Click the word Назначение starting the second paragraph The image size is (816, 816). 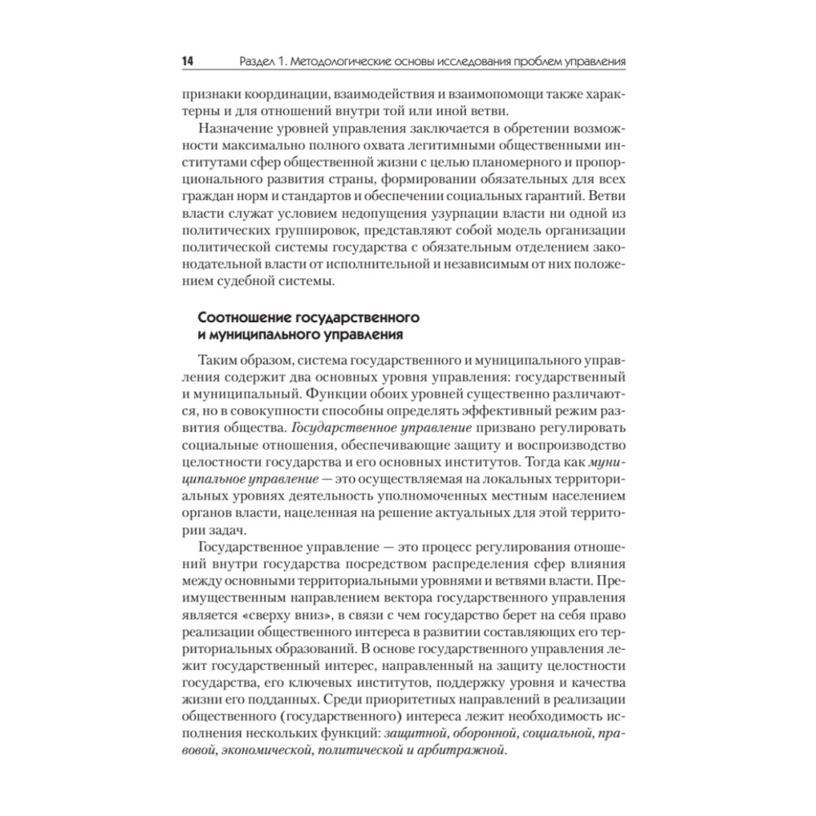pyautogui.click(x=234, y=130)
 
